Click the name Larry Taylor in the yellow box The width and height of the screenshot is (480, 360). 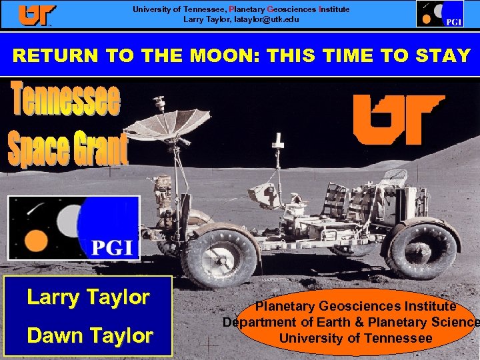click(x=88, y=297)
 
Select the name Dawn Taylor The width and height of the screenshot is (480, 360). click(x=89, y=336)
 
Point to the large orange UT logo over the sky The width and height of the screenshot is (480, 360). click(x=398, y=119)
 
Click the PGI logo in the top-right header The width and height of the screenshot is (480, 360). click(x=440, y=14)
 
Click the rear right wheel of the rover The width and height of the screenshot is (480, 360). click(x=423, y=250)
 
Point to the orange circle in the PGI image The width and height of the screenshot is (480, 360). click(x=35, y=240)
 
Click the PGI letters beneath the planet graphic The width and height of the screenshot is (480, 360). click(x=115, y=249)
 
